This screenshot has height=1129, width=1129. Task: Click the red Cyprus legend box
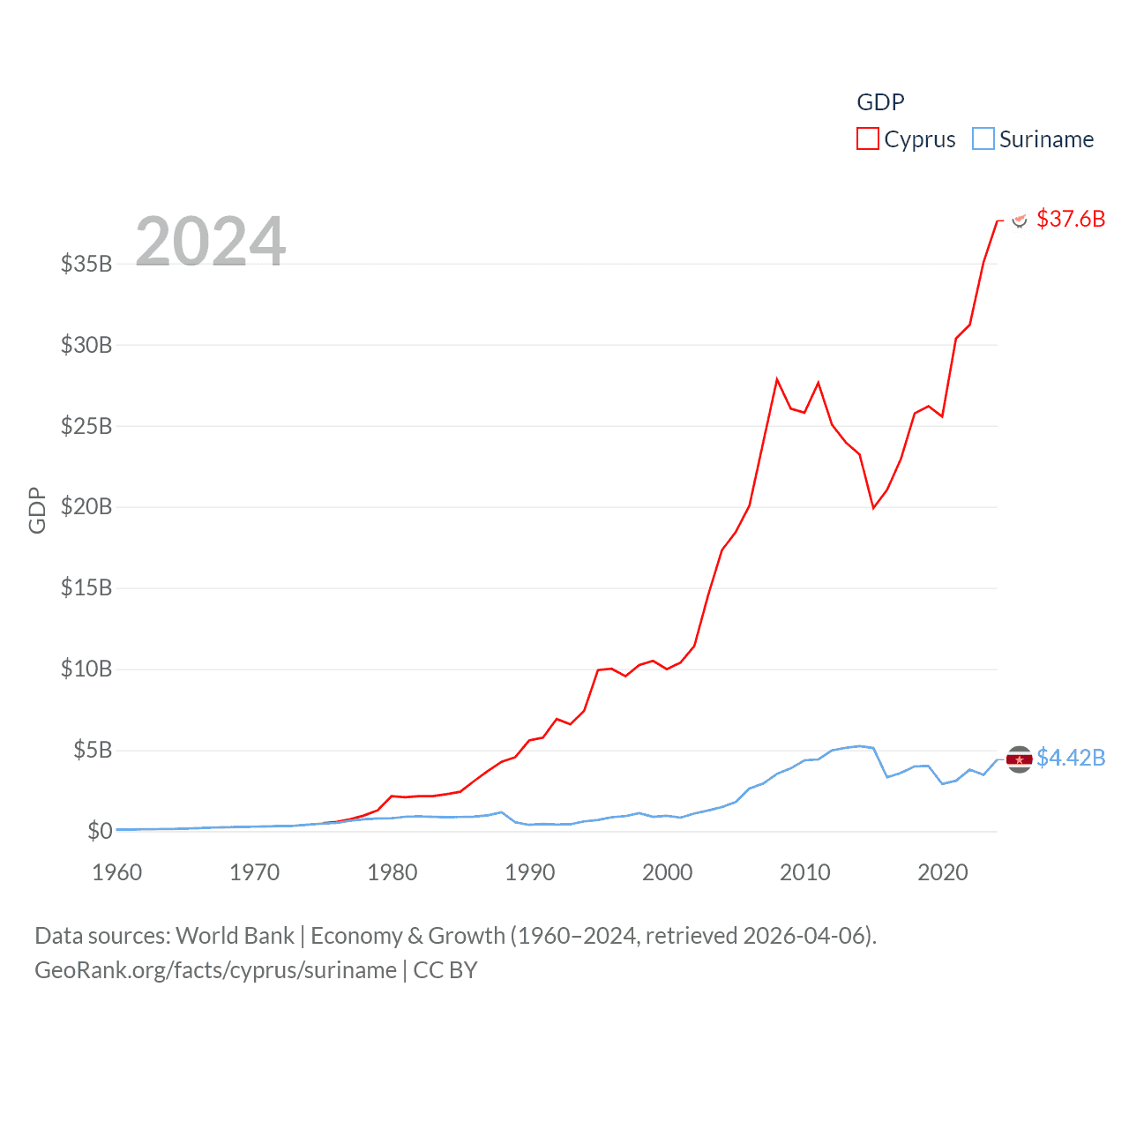point(868,139)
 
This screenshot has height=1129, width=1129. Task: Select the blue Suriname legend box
point(983,139)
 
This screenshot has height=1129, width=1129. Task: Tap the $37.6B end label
point(1070,219)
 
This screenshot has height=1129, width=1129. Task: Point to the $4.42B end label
point(1070,758)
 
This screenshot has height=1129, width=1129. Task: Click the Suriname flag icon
point(1019,759)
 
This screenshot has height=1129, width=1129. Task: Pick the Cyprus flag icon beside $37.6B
point(1020,220)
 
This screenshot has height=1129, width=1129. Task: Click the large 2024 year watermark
point(211,241)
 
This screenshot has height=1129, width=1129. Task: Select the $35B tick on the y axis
point(86,264)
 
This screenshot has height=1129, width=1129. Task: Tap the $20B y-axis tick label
point(86,506)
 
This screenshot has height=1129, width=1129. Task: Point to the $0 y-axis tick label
point(100,831)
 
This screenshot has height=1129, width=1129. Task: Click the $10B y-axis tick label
point(86,669)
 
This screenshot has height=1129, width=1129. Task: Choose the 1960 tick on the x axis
point(117,872)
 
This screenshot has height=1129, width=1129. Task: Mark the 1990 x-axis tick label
point(530,872)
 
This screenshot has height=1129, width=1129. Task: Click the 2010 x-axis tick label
point(805,872)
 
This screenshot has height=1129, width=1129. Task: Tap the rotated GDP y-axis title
point(37,510)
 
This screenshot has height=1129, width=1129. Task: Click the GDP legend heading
point(880,102)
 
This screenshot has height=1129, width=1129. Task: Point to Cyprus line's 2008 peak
point(777,379)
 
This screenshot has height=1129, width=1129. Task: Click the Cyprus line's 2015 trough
point(873,508)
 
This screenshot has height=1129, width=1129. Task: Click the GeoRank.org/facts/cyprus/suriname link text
point(216,970)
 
